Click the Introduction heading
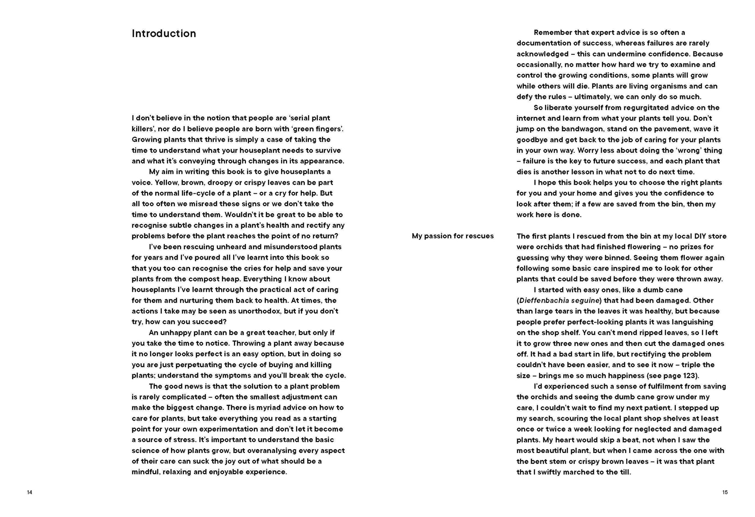click(x=164, y=34)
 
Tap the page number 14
click(x=29, y=493)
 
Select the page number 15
click(x=725, y=493)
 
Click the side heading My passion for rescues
click(x=452, y=236)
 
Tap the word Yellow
click(x=166, y=182)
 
